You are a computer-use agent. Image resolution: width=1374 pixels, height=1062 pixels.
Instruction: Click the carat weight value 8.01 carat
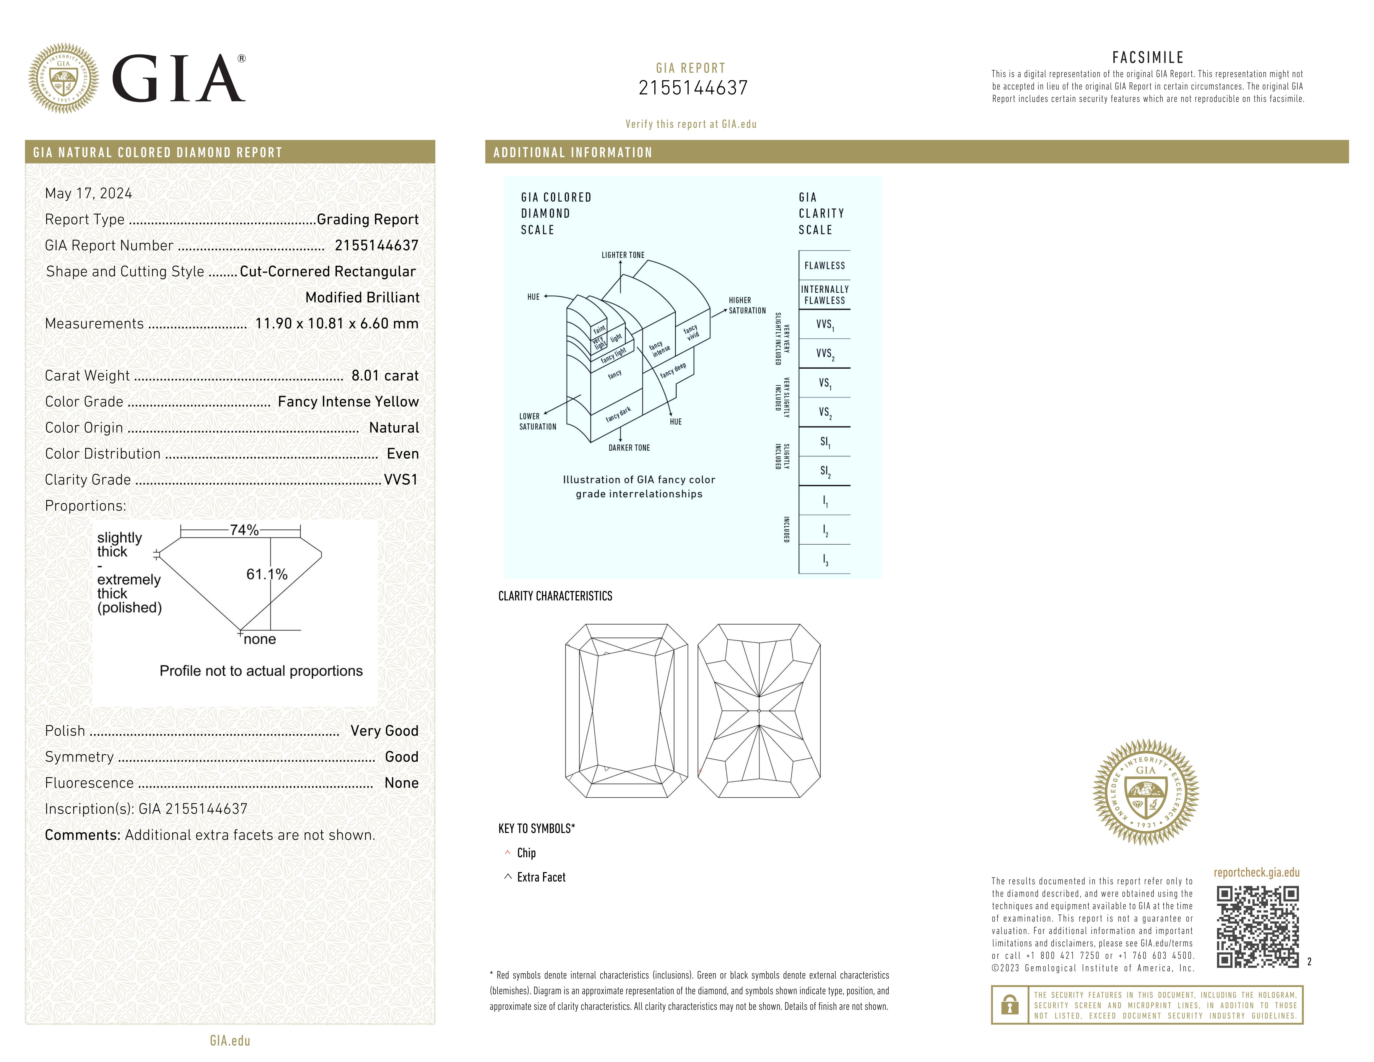coord(384,376)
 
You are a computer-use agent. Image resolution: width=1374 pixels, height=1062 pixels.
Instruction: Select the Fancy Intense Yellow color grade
coord(348,401)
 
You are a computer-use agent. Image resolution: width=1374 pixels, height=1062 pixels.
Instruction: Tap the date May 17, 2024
coord(89,193)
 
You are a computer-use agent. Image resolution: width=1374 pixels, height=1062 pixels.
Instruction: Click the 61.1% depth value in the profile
coord(267,574)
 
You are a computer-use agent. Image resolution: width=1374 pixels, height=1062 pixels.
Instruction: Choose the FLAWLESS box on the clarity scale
coord(824,265)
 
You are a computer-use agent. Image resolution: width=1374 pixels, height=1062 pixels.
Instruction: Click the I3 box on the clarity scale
coord(824,559)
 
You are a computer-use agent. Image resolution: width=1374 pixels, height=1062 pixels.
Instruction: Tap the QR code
coord(1257,927)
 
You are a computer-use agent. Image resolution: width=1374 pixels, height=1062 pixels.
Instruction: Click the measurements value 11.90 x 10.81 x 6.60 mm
coord(337,323)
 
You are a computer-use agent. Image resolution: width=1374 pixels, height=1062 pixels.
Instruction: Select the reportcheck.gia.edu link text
coord(1256,873)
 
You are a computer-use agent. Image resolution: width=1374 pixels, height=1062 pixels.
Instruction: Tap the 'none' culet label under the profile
coord(260,639)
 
